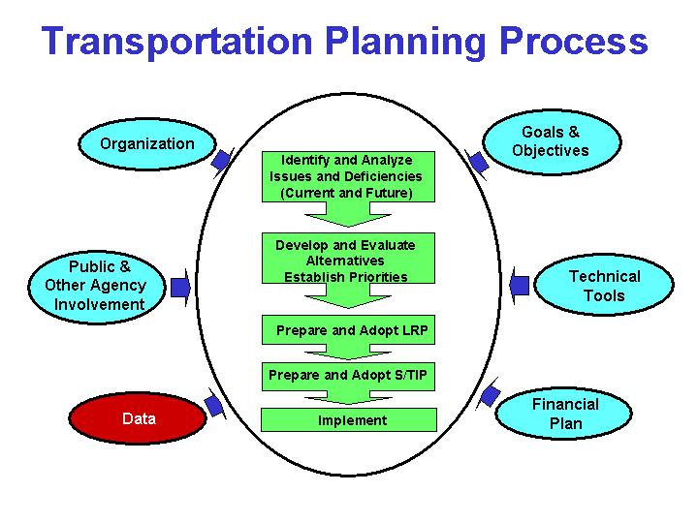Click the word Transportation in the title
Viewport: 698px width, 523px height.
tap(175, 42)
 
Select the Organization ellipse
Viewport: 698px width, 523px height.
tap(146, 144)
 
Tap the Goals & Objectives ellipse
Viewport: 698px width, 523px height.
tap(550, 141)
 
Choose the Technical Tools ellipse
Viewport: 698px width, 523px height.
tap(604, 286)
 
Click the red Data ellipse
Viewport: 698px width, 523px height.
tap(139, 419)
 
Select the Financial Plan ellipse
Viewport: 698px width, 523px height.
tap(565, 414)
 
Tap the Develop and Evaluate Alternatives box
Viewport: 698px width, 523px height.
tap(345, 260)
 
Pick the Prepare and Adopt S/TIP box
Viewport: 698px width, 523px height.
tap(348, 374)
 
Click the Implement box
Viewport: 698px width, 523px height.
tap(351, 420)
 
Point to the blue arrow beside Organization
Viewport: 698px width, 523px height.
tap(222, 160)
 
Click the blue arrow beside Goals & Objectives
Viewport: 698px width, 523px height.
tap(476, 161)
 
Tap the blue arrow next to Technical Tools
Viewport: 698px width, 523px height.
tap(519, 286)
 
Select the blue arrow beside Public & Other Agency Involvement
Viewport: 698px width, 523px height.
tap(180, 287)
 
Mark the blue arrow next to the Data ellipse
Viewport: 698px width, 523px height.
tap(215, 405)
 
